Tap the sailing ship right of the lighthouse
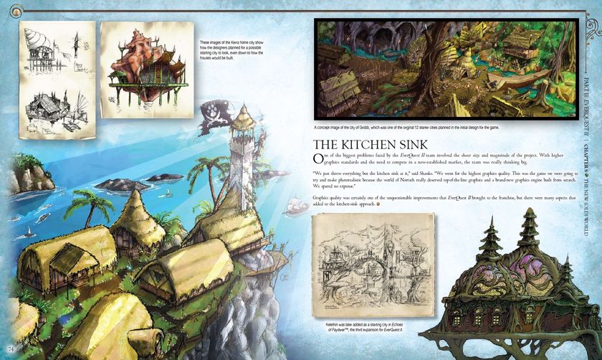pos(294,207)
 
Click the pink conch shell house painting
pos(147,60)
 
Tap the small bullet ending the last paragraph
pos(378,203)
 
